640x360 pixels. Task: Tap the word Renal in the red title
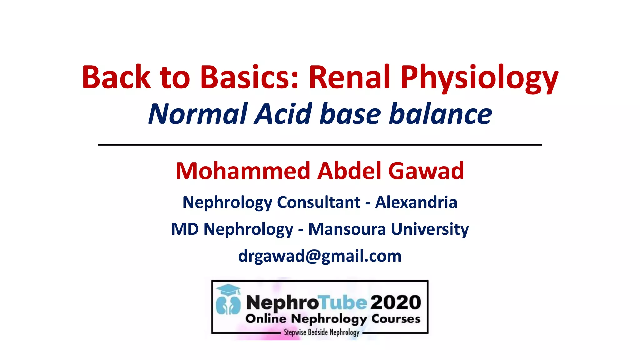349,77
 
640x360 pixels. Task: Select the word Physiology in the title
479,78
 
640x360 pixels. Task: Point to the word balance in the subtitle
440,114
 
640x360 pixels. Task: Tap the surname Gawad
426,171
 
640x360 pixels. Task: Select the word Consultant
318,202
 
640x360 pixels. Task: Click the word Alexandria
416,202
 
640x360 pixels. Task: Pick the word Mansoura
347,229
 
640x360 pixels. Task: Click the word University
430,230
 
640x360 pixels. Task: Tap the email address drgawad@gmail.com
320,256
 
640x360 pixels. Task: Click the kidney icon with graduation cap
228,300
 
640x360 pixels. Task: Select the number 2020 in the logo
396,302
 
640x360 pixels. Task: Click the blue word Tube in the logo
343,302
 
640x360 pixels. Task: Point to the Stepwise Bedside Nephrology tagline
322,332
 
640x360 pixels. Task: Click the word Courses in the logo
396,319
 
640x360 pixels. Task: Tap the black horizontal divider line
320,145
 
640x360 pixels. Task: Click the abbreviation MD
185,229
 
